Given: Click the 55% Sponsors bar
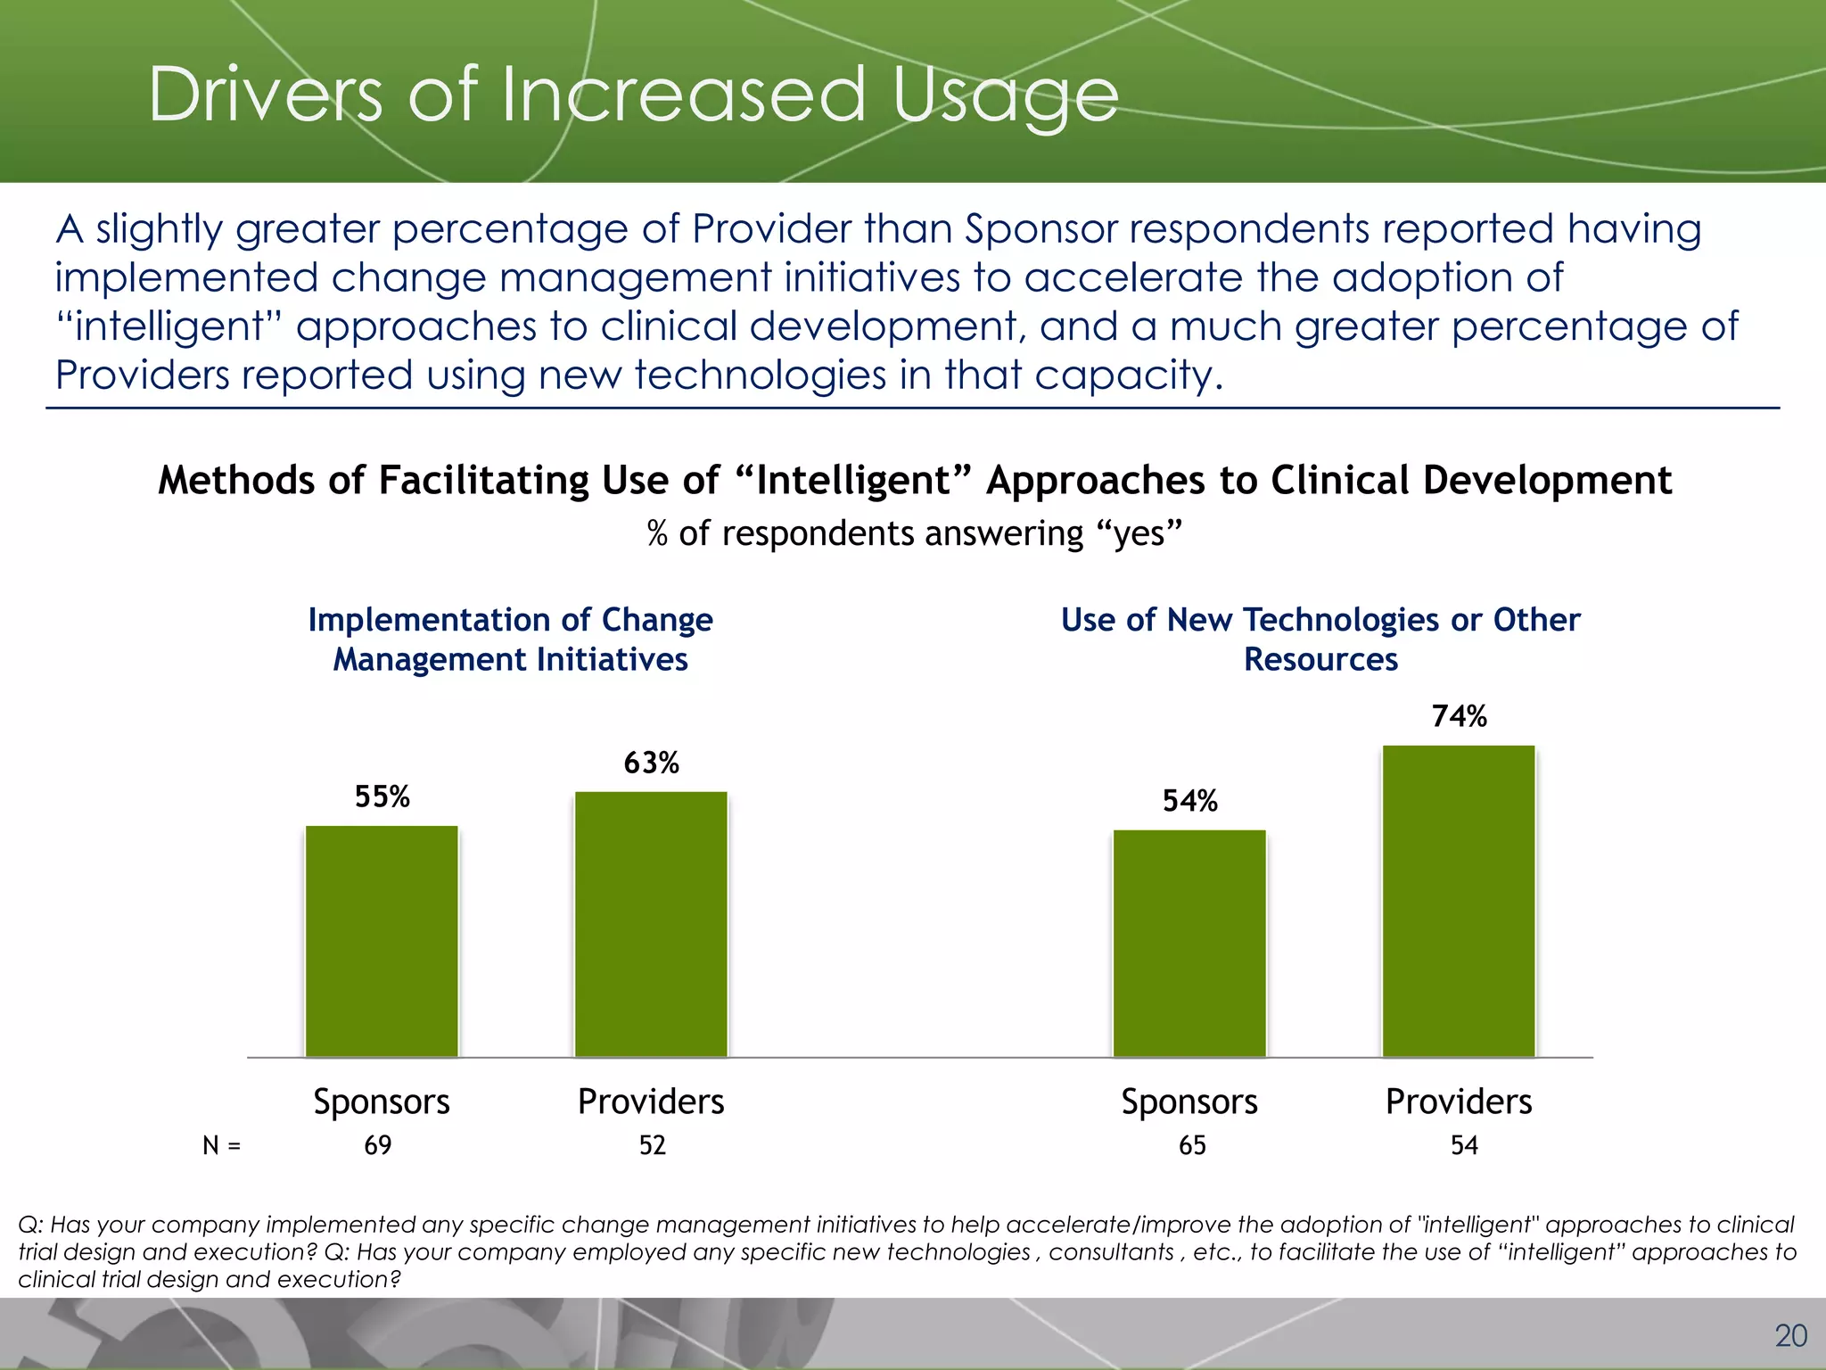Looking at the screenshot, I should click(382, 941).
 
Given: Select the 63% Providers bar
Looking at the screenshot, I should click(651, 924).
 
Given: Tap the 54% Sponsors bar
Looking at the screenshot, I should click(1189, 943).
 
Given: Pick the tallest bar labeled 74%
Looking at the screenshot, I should click(1459, 901).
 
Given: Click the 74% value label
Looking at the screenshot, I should click(1459, 716).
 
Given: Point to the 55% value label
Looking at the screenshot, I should click(382, 796).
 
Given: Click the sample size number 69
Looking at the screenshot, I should click(378, 1145).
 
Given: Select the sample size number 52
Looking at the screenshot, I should click(652, 1145).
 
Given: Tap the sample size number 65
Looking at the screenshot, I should click(1192, 1145).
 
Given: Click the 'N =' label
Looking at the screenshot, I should click(221, 1145).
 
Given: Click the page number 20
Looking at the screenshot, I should click(1790, 1335).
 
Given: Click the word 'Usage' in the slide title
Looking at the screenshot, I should click(1005, 96).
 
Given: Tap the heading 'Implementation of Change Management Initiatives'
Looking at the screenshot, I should click(510, 640).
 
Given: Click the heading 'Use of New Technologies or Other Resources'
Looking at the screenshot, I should click(1320, 640).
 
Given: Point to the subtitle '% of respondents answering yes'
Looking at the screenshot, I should click(914, 533).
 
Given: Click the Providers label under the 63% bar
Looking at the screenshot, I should click(651, 1102).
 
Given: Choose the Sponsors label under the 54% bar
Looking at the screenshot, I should click(1189, 1102).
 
